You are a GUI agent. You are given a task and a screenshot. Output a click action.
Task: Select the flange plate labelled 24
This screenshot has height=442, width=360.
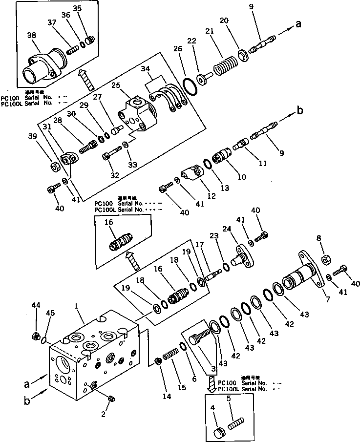240,256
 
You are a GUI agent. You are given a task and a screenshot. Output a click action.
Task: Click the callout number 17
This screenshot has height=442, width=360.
200,244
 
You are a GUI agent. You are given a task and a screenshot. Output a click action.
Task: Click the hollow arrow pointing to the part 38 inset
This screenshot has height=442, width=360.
86,79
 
